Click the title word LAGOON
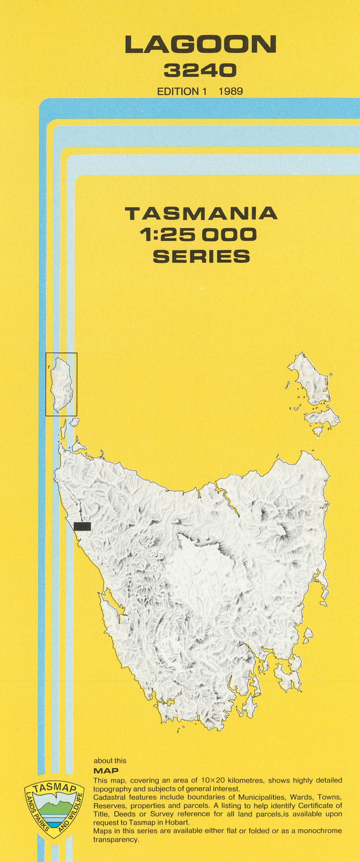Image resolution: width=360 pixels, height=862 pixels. click(200, 44)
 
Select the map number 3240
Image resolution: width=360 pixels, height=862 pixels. click(200, 70)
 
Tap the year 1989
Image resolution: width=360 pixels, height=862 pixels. click(231, 91)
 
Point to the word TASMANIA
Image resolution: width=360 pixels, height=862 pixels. click(201, 214)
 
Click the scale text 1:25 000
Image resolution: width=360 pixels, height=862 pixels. click(201, 235)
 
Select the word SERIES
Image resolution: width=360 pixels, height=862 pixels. click(201, 256)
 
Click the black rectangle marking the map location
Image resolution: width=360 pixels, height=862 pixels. click(82, 526)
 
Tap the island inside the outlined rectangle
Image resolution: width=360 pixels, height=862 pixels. click(61, 384)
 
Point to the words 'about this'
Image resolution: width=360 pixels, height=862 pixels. click(110, 761)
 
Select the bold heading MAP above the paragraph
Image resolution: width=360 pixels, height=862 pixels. click(106, 770)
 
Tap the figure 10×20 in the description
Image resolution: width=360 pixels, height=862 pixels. click(232, 780)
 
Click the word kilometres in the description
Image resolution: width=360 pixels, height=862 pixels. click(268, 780)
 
